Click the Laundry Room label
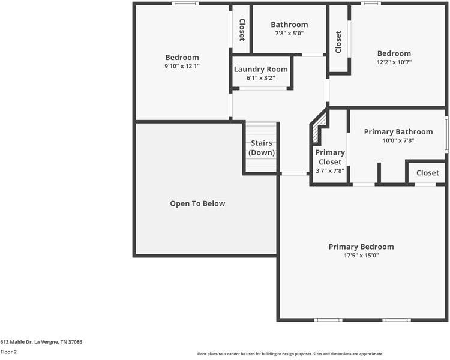point(260,69)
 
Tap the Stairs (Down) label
point(262,148)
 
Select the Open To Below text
point(197,203)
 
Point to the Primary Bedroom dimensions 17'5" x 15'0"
point(361,255)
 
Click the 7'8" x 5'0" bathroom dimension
point(289,34)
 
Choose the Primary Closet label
point(330,157)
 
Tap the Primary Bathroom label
point(398,132)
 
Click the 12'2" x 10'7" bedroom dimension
point(394,62)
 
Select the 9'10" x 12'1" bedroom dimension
point(182,66)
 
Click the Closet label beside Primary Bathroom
point(428,173)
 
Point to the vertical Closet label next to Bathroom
point(242,29)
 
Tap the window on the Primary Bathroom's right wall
point(446,134)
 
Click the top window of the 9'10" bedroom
point(185,4)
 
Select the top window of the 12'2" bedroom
point(371,4)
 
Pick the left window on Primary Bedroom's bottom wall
point(328,320)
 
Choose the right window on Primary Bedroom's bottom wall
point(397,320)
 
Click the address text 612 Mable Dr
point(16,342)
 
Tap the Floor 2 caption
point(8,352)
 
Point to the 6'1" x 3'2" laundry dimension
point(260,78)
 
